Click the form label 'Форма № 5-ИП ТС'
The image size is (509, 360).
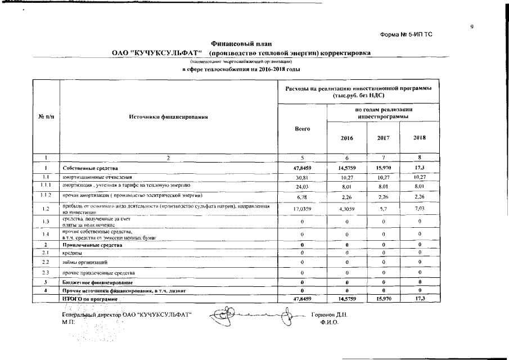tap(406, 34)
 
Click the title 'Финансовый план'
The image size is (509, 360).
tap(240, 43)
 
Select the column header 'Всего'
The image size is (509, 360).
tap(303, 129)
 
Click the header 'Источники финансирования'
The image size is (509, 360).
tap(169, 117)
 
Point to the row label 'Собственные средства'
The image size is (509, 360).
tap(90, 168)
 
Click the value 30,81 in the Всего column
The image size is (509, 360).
tap(303, 177)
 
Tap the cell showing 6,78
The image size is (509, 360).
tap(303, 197)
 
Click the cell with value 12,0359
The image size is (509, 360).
tap(303, 209)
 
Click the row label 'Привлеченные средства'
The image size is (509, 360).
tap(91, 245)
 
